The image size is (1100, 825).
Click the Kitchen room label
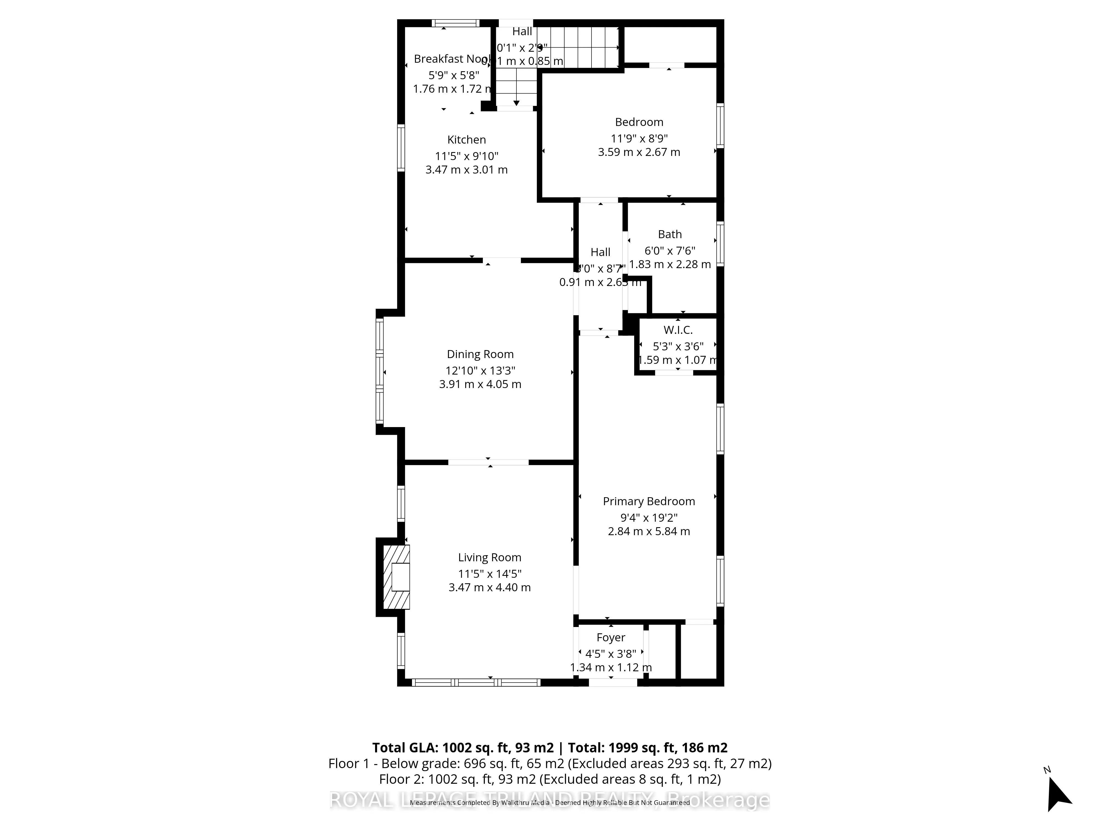tap(466, 140)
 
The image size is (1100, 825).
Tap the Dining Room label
tap(480, 354)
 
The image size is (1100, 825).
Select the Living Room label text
tap(489, 557)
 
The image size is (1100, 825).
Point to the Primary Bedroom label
tap(648, 501)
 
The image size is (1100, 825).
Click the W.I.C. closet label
tap(678, 330)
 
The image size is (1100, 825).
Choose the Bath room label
tap(670, 234)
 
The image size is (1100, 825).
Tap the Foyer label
tap(611, 637)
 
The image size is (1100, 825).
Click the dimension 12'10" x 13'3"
tap(480, 370)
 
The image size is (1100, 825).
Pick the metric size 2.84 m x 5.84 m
tap(648, 531)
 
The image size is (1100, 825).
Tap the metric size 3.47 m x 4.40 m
tap(489, 587)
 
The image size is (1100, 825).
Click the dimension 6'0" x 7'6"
tap(670, 251)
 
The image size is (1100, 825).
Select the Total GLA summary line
tap(549, 747)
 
